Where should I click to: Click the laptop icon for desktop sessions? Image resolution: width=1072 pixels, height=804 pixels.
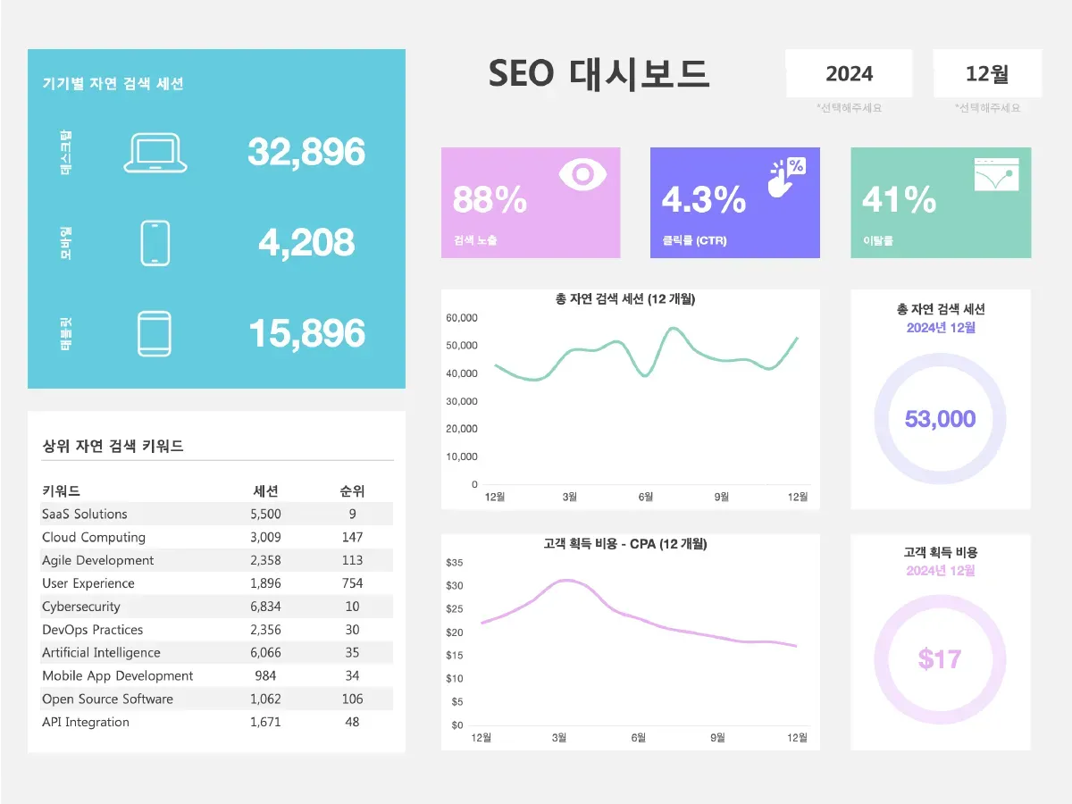pos(155,153)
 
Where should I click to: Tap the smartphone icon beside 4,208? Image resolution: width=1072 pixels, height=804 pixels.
pos(155,243)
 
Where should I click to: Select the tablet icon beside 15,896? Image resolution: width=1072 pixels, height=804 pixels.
pos(155,334)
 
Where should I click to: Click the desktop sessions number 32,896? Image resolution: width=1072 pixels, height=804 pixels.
pos(306,152)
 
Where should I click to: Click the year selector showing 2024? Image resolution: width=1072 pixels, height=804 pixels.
pos(849,74)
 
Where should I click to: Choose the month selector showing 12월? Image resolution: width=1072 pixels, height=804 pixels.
pos(987,74)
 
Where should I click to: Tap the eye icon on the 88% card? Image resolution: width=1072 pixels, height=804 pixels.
pos(582,174)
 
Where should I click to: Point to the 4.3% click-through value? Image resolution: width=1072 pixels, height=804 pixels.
pos(704,199)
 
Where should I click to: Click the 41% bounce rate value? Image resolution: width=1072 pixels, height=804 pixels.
pos(899,199)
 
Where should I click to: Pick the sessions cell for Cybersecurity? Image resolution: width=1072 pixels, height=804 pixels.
pos(265,607)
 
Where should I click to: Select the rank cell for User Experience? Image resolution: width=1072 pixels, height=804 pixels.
pos(352,583)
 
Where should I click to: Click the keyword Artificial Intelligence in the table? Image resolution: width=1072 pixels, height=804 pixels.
pos(101,653)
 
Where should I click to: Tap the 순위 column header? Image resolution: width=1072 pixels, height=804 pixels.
pos(352,490)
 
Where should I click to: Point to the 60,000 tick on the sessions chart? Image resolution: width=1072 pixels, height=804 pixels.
pos(462,318)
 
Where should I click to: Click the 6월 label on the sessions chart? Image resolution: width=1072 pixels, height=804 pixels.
pos(646,497)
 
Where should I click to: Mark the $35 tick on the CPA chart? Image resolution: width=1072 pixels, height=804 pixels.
pos(454,563)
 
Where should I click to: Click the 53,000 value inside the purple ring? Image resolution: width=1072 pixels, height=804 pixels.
pos(940,419)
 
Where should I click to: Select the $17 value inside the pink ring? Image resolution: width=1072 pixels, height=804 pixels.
pos(940,659)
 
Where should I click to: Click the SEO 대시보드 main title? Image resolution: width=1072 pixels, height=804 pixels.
pos(599,74)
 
